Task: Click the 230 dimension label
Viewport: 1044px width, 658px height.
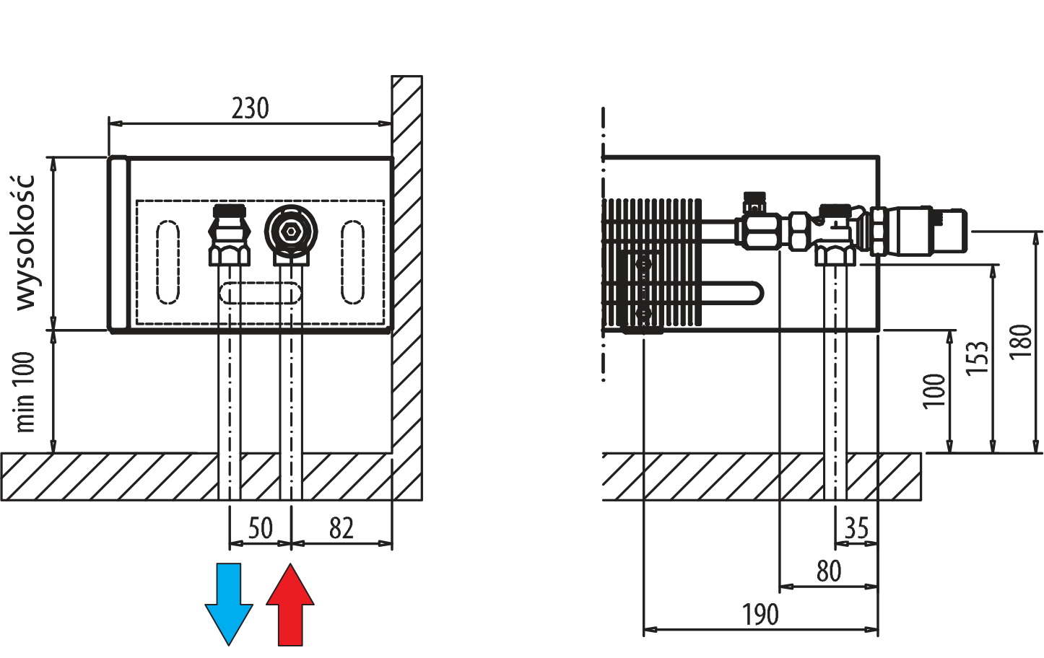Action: coord(250,108)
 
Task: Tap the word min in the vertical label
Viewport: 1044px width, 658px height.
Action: coord(25,414)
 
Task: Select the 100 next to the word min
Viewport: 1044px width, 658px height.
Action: coord(25,372)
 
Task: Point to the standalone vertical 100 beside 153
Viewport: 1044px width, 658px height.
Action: coord(934,390)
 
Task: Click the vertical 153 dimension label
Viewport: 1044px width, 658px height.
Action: coord(976,357)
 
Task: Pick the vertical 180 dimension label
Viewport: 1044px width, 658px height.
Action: coord(1019,342)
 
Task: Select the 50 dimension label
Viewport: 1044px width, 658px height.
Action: coord(261,528)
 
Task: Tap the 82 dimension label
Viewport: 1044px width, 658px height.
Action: coord(342,528)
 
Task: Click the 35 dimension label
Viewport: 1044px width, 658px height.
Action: coord(856,528)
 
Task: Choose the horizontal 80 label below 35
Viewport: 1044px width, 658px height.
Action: coord(829,571)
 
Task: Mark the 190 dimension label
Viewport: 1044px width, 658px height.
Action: coord(760,615)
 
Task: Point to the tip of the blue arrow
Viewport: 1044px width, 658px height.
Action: coord(229,641)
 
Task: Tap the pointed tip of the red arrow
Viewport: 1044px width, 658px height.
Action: coord(290,567)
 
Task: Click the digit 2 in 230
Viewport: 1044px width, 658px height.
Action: coord(237,108)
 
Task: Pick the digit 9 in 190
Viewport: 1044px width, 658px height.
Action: coord(760,615)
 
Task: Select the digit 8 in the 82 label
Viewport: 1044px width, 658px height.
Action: coord(336,528)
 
